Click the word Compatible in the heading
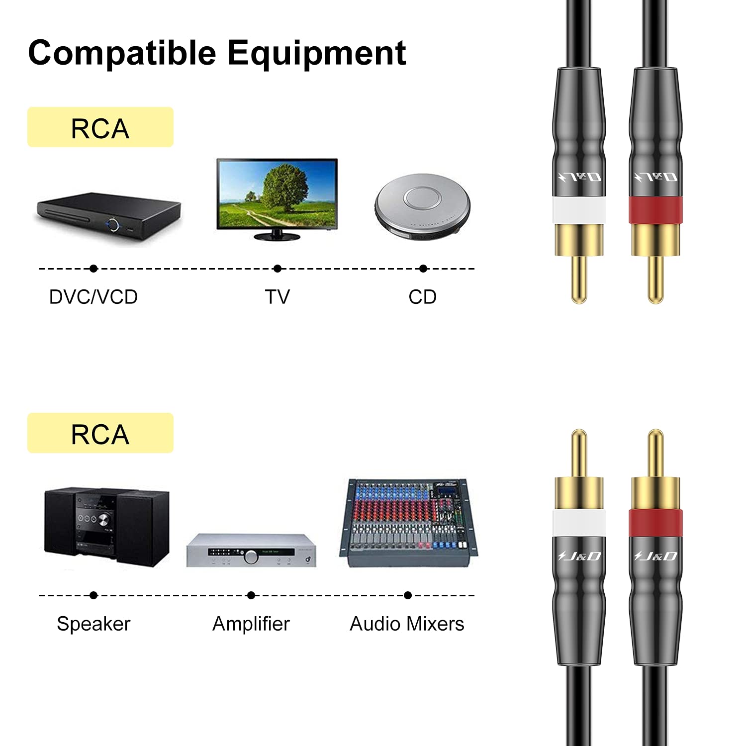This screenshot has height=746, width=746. [x=122, y=53]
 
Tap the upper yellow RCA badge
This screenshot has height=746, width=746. [x=100, y=127]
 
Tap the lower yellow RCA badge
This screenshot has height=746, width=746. [x=100, y=433]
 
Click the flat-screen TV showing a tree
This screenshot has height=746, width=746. [x=277, y=197]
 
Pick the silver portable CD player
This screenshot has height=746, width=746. [x=422, y=206]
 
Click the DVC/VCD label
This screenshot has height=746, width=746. [x=93, y=297]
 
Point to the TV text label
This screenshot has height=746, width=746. [x=277, y=297]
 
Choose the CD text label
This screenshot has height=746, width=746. [x=422, y=297]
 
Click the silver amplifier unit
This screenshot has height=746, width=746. [x=251, y=551]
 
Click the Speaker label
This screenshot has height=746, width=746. [x=93, y=624]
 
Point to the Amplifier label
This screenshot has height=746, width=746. [x=251, y=624]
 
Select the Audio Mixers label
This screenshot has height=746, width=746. [x=407, y=624]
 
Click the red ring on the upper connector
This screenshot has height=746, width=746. [x=655, y=209]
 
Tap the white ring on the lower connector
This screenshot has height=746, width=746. [x=579, y=523]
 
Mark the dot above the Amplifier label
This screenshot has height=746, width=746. [x=251, y=595]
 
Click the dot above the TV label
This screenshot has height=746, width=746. [x=278, y=269]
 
